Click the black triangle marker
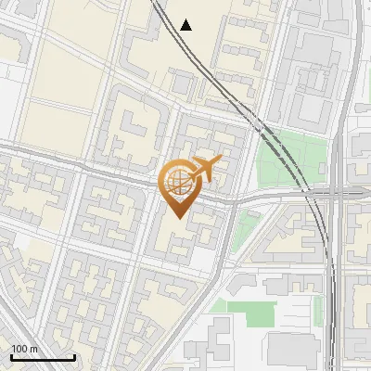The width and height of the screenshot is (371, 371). [x=186, y=25]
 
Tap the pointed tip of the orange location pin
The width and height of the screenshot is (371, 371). [x=176, y=219]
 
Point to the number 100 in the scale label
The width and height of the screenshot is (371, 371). [x=20, y=349]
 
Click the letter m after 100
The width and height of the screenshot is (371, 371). [x=34, y=349]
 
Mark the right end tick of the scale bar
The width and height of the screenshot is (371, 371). [x=74, y=356]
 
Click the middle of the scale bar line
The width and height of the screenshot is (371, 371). [x=42, y=358]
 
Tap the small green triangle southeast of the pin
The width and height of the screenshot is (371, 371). [x=246, y=224]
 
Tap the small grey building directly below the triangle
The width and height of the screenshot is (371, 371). [x=185, y=85]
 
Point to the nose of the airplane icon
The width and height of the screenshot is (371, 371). [x=221, y=162]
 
